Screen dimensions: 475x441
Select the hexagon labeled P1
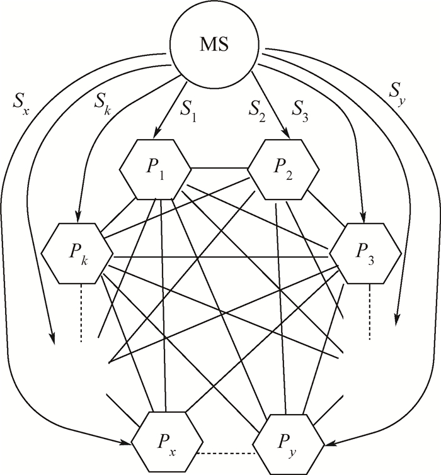point(155,169)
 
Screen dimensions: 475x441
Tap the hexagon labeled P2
point(282,169)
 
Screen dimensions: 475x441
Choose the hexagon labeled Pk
point(77,256)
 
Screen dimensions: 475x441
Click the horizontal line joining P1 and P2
point(219,169)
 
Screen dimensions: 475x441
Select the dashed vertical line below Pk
point(82,315)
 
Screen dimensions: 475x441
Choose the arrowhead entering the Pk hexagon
point(77,218)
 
